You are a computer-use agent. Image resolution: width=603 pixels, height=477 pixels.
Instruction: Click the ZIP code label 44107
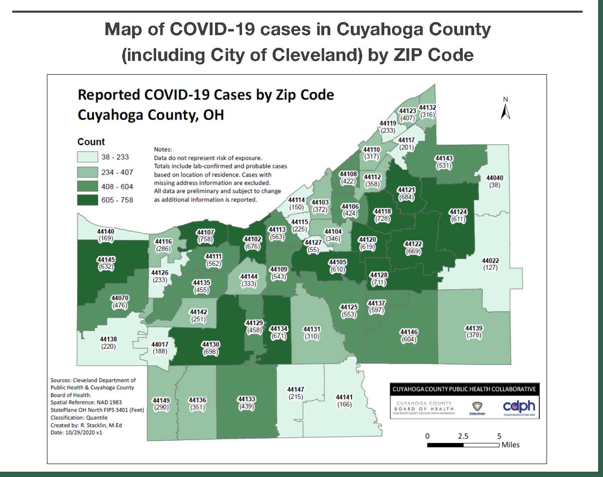click(x=205, y=232)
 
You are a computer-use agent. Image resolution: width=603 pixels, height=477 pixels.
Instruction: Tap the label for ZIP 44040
click(x=494, y=178)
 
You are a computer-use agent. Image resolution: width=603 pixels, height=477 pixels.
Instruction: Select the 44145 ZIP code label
click(x=106, y=260)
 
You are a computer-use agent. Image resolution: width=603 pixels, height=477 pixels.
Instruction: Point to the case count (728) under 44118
click(x=382, y=219)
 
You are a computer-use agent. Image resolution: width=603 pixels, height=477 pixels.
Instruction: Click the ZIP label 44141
click(x=344, y=397)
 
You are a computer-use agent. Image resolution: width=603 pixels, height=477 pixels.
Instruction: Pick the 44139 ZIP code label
click(x=474, y=328)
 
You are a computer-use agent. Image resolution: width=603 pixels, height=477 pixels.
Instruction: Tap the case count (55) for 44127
click(x=313, y=250)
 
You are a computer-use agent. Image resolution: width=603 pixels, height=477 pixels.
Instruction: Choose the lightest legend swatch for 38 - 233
click(x=87, y=157)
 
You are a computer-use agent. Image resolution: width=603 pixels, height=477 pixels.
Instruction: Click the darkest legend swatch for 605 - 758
click(x=87, y=200)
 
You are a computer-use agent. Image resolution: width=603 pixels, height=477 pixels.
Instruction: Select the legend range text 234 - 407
click(x=117, y=172)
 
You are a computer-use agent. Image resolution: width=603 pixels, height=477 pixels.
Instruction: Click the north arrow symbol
click(x=506, y=109)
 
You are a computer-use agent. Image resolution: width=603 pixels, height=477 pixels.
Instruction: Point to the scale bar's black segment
click(x=445, y=445)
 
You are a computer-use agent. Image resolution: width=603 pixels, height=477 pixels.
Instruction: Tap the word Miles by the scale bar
click(x=511, y=445)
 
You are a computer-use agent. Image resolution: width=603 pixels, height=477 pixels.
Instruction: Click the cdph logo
click(x=518, y=406)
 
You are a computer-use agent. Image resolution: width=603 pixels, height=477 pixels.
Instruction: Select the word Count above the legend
click(x=91, y=142)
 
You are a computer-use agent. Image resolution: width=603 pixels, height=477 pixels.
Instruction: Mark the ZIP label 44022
click(x=490, y=260)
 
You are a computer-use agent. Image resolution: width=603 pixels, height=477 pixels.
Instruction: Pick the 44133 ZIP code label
click(x=247, y=399)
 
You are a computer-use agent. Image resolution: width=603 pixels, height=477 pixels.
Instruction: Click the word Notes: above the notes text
click(x=163, y=150)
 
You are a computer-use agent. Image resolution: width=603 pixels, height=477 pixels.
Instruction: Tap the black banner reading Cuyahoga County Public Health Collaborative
click(x=464, y=389)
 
